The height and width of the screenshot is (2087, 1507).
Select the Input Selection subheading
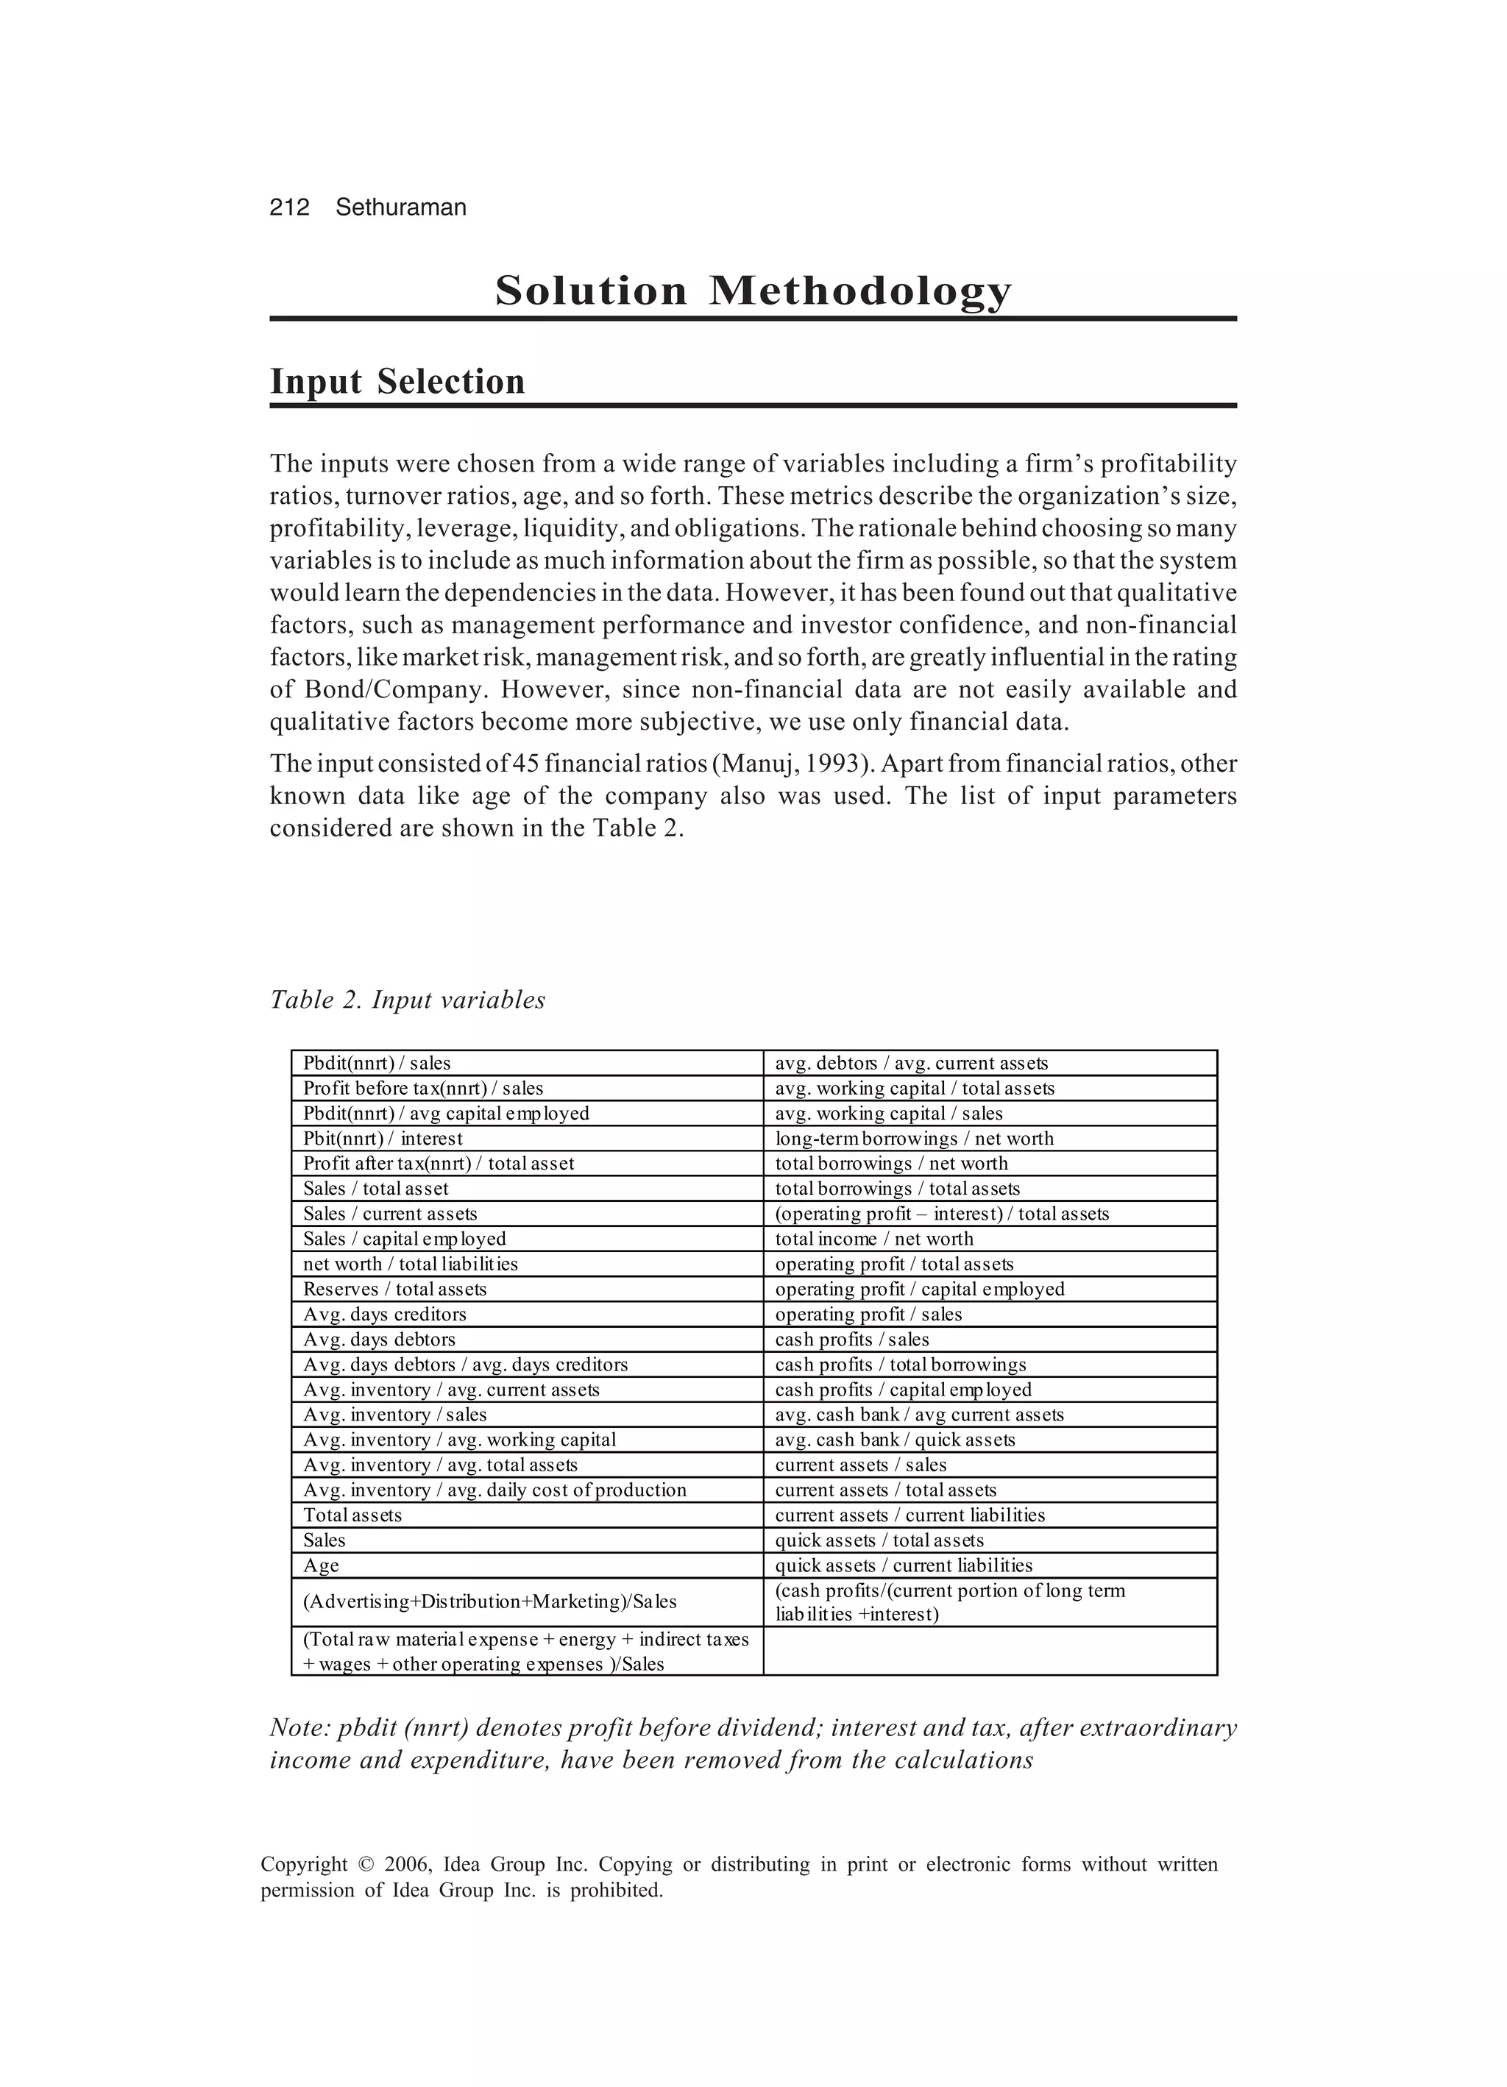click(x=397, y=382)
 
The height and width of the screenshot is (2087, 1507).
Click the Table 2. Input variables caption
click(x=407, y=1000)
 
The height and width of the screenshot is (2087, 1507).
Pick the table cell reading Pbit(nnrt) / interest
click(x=383, y=1138)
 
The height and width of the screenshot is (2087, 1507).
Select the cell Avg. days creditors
click(x=385, y=1314)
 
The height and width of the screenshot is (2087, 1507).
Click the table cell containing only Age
click(x=322, y=1565)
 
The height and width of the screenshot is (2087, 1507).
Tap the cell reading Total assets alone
click(x=352, y=1515)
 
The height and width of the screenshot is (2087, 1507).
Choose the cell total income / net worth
click(x=873, y=1239)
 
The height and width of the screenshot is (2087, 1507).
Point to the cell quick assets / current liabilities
click(x=903, y=1565)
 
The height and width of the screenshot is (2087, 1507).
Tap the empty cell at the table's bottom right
click(x=990, y=1651)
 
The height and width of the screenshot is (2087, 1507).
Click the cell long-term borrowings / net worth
click(x=913, y=1138)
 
